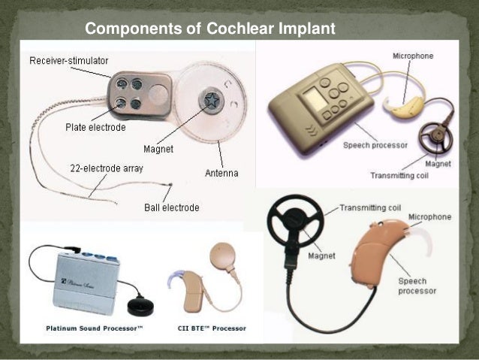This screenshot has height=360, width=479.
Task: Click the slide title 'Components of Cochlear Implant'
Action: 207,30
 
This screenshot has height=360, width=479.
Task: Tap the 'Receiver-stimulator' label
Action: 68,59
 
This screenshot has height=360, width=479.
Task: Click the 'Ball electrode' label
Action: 171,207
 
